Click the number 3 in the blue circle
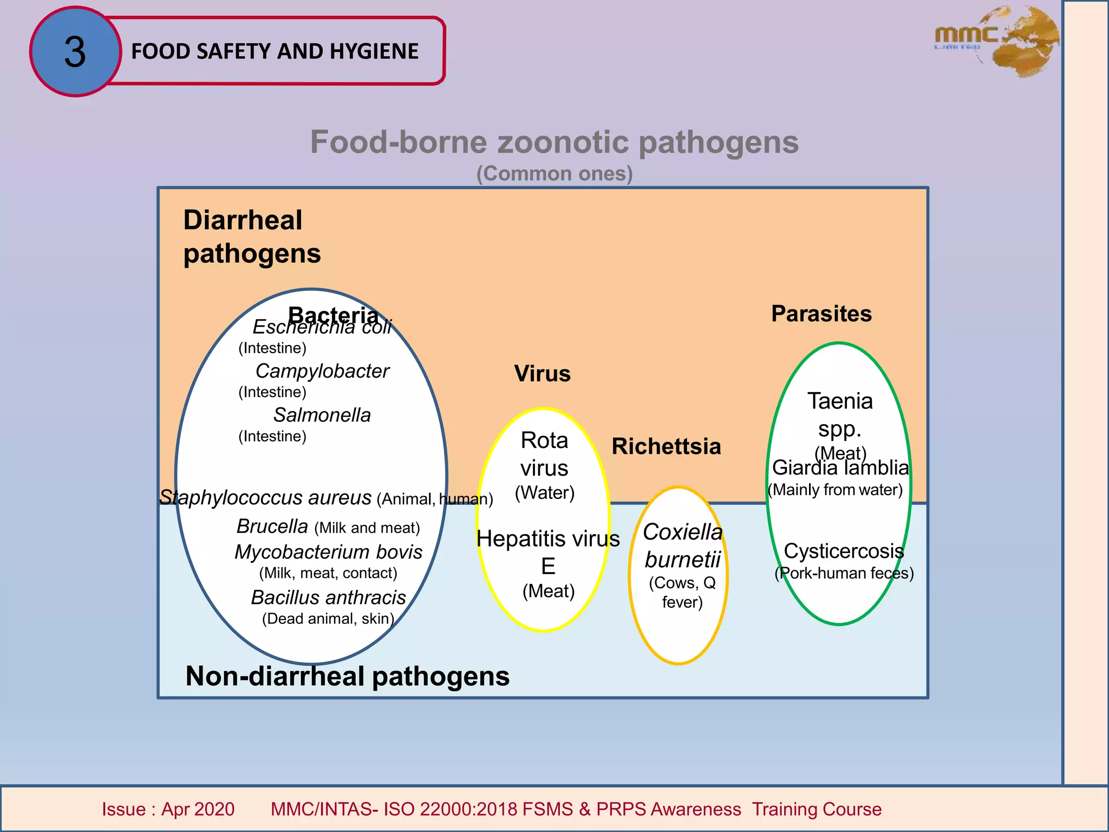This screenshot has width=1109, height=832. [x=75, y=52]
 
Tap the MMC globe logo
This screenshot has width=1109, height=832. [x=996, y=41]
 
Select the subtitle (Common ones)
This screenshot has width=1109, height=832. [x=554, y=174]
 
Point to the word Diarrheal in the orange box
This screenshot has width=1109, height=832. [x=243, y=220]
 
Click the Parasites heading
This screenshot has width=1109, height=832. [x=821, y=314]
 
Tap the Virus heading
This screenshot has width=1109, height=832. [x=542, y=374]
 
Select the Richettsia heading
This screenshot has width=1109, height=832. [x=666, y=446]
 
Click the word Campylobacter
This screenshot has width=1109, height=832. [x=322, y=371]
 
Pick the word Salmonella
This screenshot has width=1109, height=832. [x=322, y=415]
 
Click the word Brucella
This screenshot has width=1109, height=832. [x=272, y=526]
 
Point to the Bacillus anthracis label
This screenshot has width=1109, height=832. [x=328, y=597]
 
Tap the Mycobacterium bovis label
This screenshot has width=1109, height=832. [x=328, y=552]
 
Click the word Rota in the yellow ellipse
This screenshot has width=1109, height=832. [x=544, y=440]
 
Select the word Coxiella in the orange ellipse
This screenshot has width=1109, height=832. [x=682, y=532]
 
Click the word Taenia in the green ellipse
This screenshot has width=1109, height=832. [x=840, y=401]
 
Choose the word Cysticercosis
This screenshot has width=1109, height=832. [x=844, y=551]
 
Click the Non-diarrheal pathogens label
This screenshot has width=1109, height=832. [x=347, y=677]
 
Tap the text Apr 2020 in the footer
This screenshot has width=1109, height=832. [x=198, y=809]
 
